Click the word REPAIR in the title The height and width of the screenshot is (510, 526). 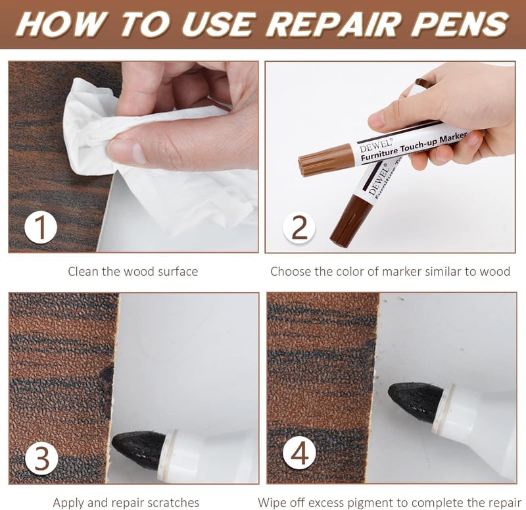[333, 24]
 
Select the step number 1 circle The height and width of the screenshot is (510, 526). [41, 228]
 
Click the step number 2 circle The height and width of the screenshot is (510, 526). [299, 228]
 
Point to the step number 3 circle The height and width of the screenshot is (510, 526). [41, 459]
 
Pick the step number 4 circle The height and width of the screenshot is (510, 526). [299, 454]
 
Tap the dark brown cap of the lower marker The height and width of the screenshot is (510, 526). [351, 219]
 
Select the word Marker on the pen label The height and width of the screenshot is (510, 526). [454, 138]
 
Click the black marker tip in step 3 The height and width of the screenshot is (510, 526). [137, 449]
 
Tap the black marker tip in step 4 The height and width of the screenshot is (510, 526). [416, 401]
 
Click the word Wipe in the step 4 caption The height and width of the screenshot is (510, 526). [272, 503]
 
